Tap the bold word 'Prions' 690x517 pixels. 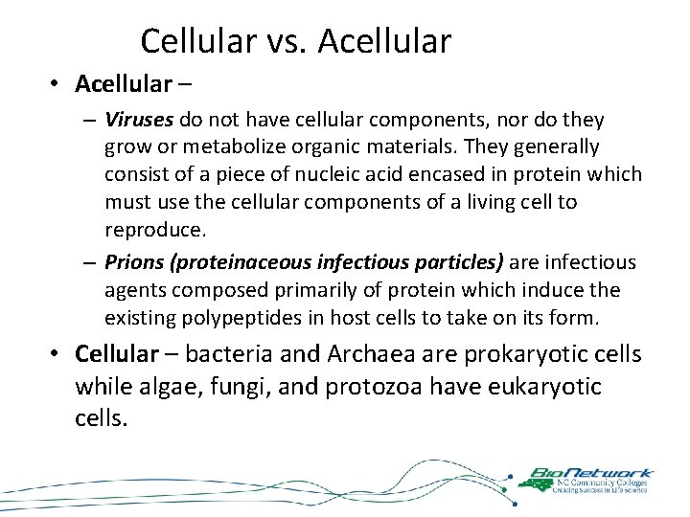tap(132, 262)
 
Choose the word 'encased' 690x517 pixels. tap(445, 175)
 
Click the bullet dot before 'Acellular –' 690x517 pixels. tap(57, 85)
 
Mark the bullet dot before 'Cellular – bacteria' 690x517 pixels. tap(57, 355)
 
